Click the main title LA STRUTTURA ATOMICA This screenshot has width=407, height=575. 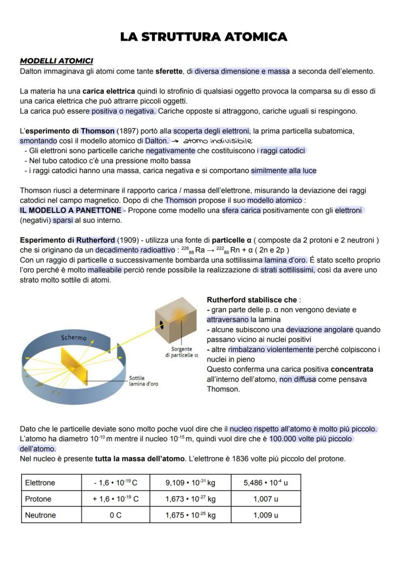(203, 37)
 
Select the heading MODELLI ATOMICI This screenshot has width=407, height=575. (56, 61)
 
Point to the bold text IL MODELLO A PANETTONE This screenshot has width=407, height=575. (70, 211)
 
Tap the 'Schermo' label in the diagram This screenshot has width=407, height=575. (74, 338)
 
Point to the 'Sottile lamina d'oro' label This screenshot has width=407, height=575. (143, 381)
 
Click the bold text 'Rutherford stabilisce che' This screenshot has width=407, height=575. (252, 300)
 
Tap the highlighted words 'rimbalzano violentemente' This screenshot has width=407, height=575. (271, 349)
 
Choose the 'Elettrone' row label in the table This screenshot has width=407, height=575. (40, 483)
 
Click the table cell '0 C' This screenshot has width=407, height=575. (116, 515)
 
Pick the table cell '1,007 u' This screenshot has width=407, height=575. (265, 499)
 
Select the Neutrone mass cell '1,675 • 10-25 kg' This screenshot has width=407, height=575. (190, 515)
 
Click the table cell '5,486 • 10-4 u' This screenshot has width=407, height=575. (265, 483)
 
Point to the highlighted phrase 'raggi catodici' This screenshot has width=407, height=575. (283, 151)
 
